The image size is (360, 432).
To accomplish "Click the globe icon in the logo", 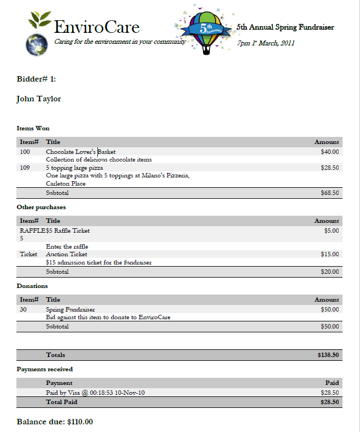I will click(38, 44).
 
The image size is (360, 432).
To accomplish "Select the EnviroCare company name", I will click(97, 27).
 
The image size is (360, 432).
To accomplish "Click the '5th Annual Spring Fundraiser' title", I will click(285, 27).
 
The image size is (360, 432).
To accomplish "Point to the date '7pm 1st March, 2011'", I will click(266, 43).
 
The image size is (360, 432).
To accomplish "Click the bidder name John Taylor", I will click(39, 99).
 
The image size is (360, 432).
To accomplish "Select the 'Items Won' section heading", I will click(33, 128).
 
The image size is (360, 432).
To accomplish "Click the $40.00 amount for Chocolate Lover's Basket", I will click(329, 152).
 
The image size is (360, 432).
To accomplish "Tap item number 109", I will click(25, 168).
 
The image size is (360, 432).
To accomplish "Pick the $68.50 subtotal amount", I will click(329, 193).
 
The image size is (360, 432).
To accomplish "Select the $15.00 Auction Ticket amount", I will click(329, 254).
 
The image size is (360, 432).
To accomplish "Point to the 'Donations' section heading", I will click(32, 286).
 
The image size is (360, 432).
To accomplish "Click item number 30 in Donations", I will click(24, 310).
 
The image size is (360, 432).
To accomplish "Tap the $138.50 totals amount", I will click(328, 355).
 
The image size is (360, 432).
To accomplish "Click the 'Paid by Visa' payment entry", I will click(95, 393).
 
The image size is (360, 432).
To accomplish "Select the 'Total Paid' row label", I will click(61, 402).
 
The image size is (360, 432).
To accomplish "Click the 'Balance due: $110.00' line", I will click(55, 422).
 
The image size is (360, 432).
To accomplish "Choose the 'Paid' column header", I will click(332, 383).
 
